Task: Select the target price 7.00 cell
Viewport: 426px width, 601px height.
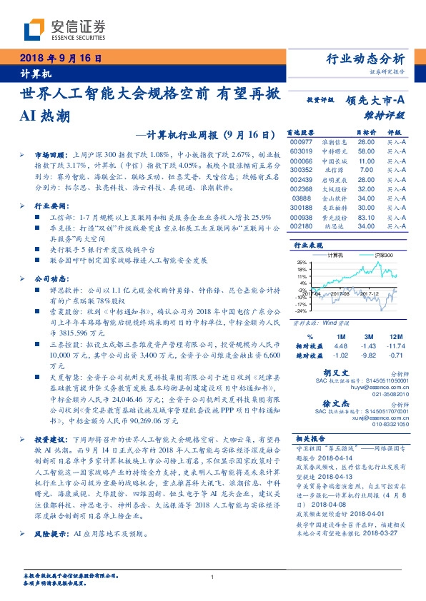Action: tap(366, 170)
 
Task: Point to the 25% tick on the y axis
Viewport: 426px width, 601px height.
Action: tap(302, 262)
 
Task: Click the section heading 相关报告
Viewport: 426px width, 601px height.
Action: tap(311, 438)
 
